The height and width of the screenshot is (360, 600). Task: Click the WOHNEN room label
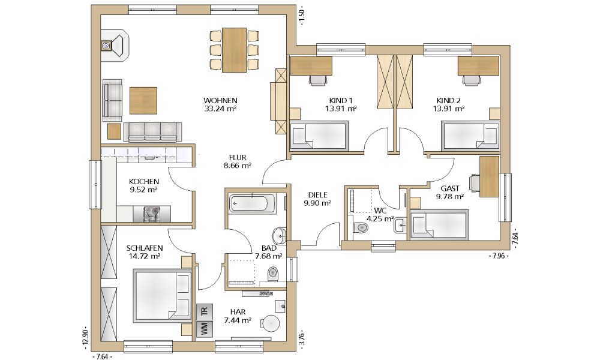[220, 101]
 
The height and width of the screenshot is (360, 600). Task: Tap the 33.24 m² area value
[220, 109]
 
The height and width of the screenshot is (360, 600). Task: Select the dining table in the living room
[234, 50]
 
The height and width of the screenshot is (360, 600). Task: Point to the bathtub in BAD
[252, 203]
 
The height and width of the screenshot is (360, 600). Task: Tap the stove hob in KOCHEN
[152, 214]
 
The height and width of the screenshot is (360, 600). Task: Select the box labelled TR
[204, 312]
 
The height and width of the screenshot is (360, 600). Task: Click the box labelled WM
[204, 329]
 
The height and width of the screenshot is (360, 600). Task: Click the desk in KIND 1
[311, 66]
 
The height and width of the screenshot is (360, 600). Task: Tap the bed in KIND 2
[470, 136]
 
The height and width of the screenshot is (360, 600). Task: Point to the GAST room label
[450, 188]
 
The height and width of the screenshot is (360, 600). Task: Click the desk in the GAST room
[489, 176]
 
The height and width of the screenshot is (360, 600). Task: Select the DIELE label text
[317, 196]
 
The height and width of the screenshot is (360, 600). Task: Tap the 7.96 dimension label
[499, 256]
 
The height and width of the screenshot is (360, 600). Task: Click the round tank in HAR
[271, 324]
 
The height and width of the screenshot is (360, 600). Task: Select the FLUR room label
[237, 158]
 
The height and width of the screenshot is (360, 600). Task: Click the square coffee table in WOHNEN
[143, 100]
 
